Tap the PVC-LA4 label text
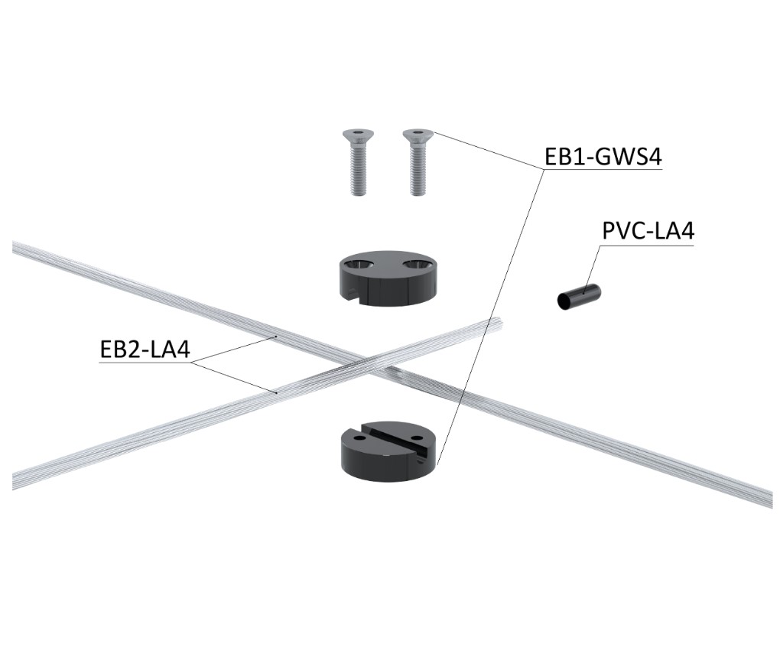648,231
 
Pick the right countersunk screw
415,161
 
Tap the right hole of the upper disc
417,265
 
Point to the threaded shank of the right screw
416,173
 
